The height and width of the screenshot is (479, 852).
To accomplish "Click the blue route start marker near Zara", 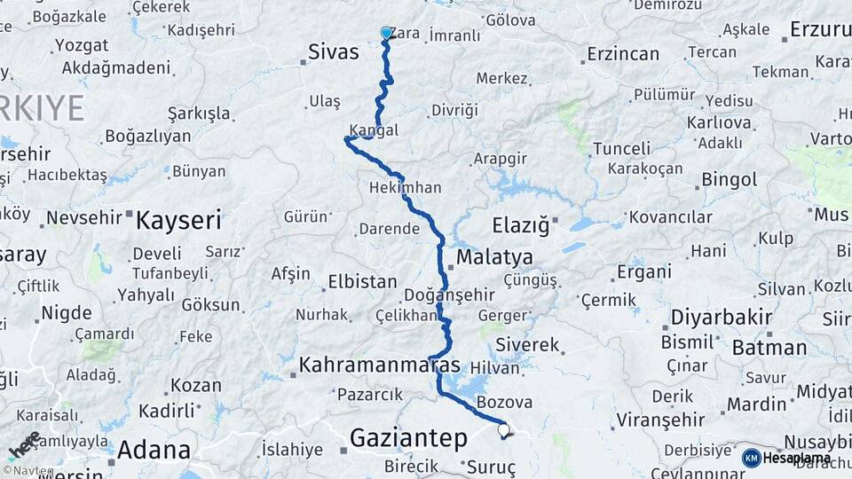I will point(386,33).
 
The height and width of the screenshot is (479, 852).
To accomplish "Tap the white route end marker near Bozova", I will point(504,430).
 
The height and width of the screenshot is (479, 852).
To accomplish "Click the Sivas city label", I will point(334,51).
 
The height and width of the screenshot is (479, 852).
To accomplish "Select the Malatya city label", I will point(494,257).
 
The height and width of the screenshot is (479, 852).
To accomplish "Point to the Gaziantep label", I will point(408,437).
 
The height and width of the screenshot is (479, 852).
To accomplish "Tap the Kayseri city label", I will point(177,220).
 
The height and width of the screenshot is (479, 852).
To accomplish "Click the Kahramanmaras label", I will point(380,365).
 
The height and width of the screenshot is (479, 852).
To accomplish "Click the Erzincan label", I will point(623,54).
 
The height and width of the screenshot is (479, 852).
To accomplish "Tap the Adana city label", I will point(154,450).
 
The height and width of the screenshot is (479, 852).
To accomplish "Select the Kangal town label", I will point(374,130).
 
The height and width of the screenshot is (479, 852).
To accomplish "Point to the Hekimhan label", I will point(405,189).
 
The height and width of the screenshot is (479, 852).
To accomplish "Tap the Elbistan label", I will point(362,282).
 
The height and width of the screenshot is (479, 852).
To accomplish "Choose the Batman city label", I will point(769,347).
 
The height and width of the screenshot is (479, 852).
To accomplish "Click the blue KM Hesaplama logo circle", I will point(751,458).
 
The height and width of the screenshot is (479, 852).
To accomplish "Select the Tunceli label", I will point(621,147).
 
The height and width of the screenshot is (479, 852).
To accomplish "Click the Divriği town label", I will point(454,110).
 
